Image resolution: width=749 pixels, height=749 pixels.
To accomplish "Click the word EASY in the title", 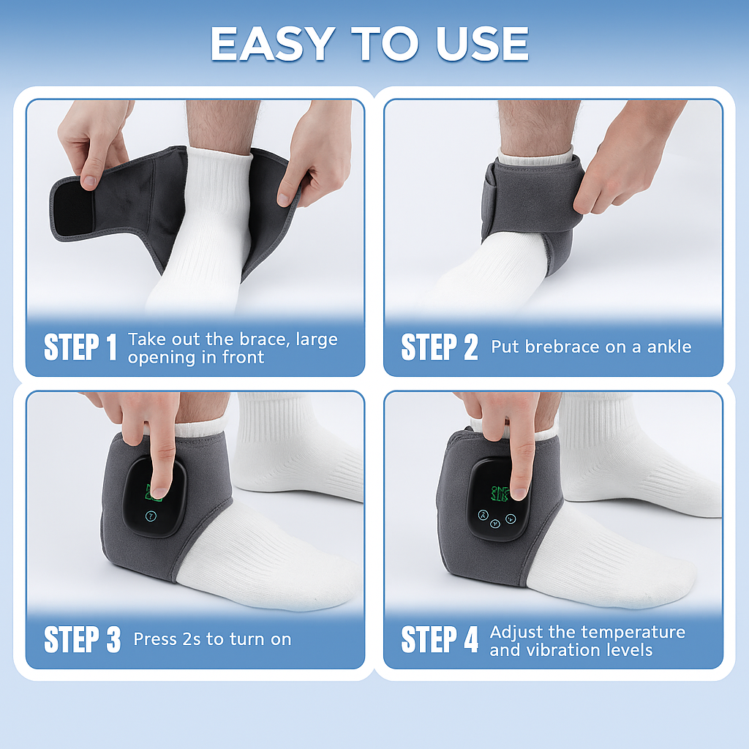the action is (x=273, y=43).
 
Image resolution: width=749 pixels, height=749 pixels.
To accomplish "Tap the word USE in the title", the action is (x=482, y=43).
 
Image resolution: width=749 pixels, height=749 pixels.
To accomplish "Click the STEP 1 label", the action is (x=80, y=347).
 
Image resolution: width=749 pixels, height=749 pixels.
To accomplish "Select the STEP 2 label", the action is (x=440, y=347).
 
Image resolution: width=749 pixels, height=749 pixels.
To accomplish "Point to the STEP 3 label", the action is (x=82, y=639).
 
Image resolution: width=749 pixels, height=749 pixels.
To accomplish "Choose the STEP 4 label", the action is (x=440, y=639).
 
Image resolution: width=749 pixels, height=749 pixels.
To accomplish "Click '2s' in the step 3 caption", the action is (x=192, y=639).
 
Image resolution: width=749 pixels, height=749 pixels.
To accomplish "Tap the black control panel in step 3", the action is (x=154, y=497).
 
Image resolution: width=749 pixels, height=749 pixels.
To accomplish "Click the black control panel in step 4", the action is (x=498, y=500).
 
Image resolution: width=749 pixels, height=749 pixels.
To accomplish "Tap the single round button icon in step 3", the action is (x=151, y=516).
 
